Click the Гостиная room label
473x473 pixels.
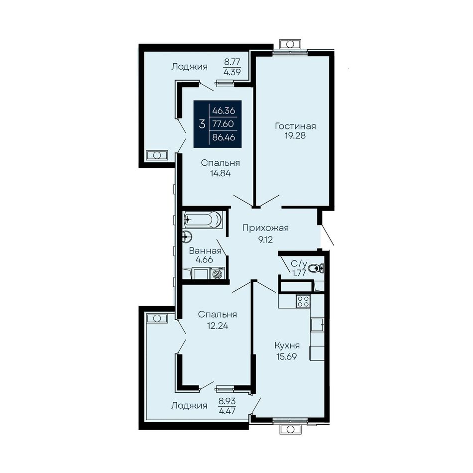tap(295, 126)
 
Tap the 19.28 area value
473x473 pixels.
tap(295, 136)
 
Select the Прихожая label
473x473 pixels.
tap(265, 229)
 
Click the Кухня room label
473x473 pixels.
tap(287, 346)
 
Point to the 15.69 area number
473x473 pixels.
tap(287, 356)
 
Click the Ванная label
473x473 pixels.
tap(205, 250)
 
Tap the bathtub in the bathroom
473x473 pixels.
tap(203, 219)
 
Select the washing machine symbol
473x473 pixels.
tap(218, 273)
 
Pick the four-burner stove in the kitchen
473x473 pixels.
tap(303, 301)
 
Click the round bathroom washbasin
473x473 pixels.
tap(187, 236)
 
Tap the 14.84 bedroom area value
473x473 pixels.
tap(220, 173)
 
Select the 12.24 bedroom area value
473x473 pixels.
tap(217, 326)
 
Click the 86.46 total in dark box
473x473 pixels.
tap(224, 138)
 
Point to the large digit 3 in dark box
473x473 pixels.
tap(202, 124)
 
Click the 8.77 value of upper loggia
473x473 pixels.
tap(232, 62)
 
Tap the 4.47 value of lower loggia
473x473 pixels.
tap(227, 411)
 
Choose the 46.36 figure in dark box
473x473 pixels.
tap(224, 111)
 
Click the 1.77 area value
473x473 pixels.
tap(299, 273)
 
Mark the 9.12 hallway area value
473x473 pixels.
tap(265, 240)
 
